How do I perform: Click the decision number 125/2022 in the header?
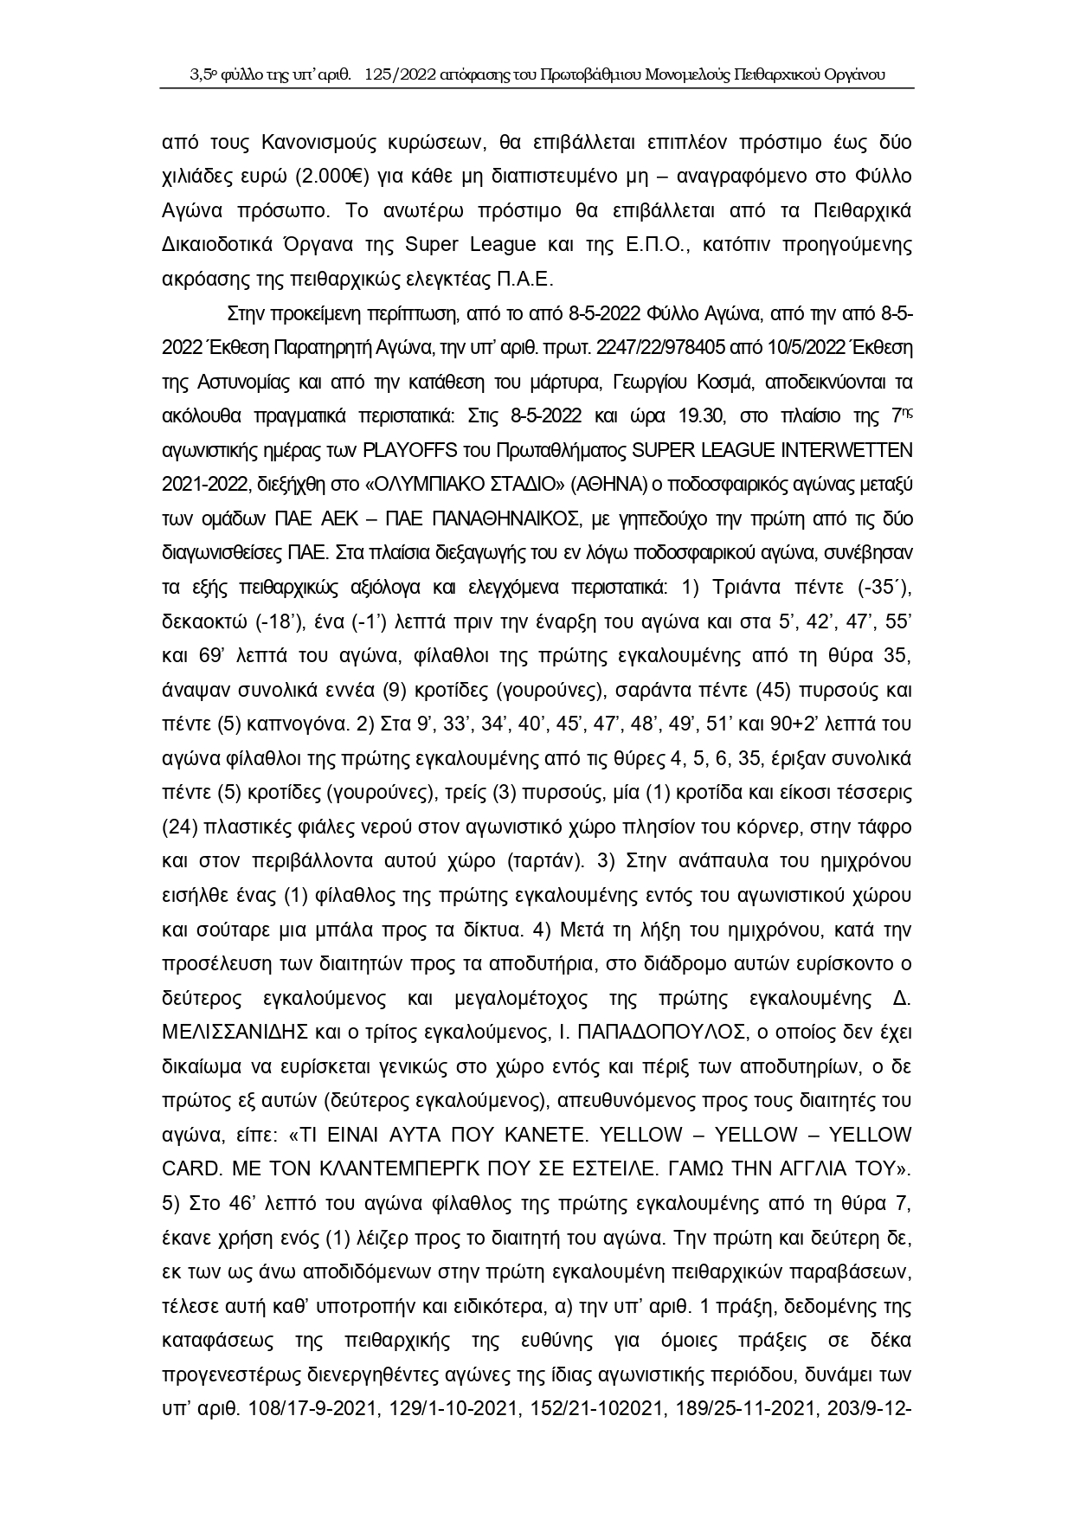pyautogui.click(x=402, y=74)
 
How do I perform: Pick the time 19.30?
pyautogui.click(x=687, y=415)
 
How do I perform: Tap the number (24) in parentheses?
pyautogui.click(x=178, y=827)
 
